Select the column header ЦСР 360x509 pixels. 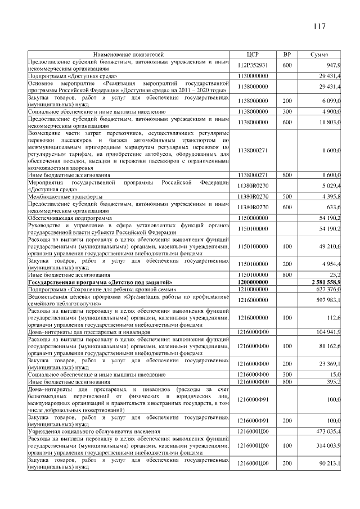click(x=253, y=55)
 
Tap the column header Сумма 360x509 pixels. click(x=319, y=55)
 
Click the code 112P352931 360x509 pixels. click(x=253, y=65)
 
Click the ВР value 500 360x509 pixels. click(x=287, y=196)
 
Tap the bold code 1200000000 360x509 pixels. click(x=253, y=281)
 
